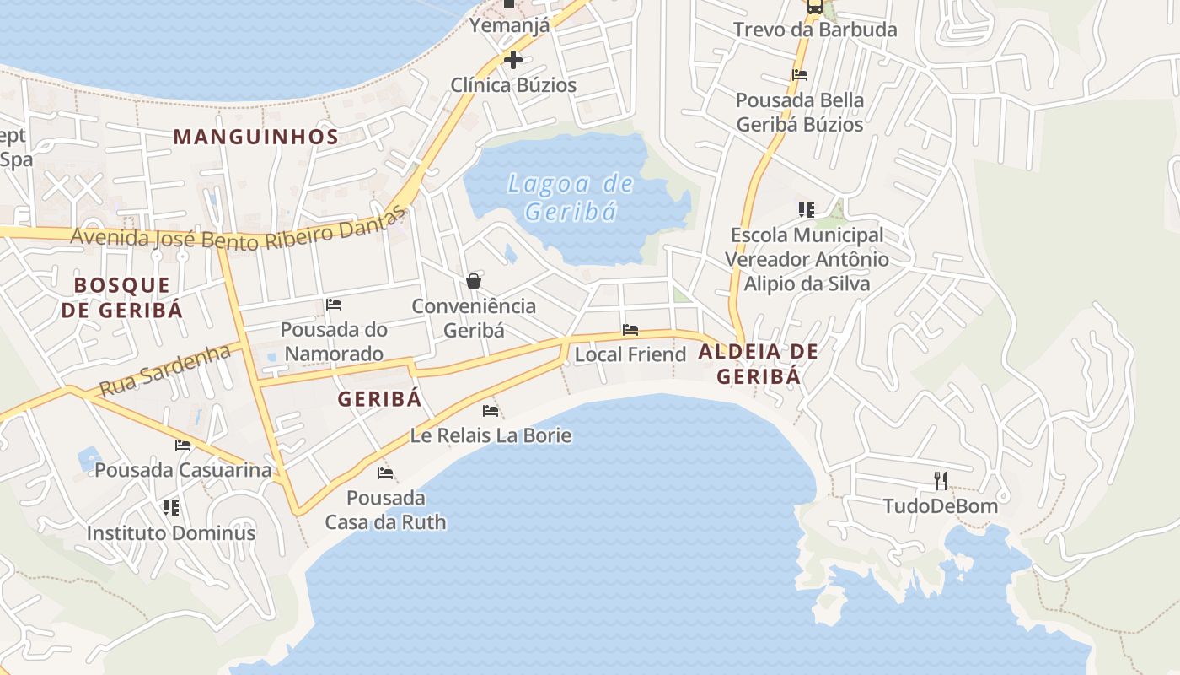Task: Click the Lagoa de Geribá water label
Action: pyautogui.click(x=570, y=197)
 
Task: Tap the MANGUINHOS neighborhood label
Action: pyautogui.click(x=256, y=137)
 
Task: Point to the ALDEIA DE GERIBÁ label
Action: pyautogui.click(x=759, y=364)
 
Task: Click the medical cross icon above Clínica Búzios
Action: pyautogui.click(x=512, y=60)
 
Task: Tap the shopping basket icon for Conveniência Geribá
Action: pyautogui.click(x=474, y=280)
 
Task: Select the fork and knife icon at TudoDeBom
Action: pyautogui.click(x=941, y=481)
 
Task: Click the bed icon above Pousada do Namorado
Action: pyautogui.click(x=334, y=304)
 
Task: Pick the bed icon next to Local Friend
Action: pyautogui.click(x=630, y=330)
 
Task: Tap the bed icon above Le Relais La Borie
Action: pyautogui.click(x=491, y=411)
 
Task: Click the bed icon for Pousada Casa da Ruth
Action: pyautogui.click(x=385, y=473)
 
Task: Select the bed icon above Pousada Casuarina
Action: pyautogui.click(x=183, y=445)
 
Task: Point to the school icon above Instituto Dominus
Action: pyautogui.click(x=171, y=507)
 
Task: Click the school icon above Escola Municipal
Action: pyautogui.click(x=807, y=209)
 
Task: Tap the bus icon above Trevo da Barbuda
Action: pyautogui.click(x=814, y=7)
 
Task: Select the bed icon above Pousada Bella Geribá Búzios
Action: pyautogui.click(x=800, y=75)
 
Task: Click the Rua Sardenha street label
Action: pyautogui.click(x=165, y=370)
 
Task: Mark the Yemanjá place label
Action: pyautogui.click(x=510, y=25)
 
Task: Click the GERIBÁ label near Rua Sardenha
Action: pyautogui.click(x=379, y=399)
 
